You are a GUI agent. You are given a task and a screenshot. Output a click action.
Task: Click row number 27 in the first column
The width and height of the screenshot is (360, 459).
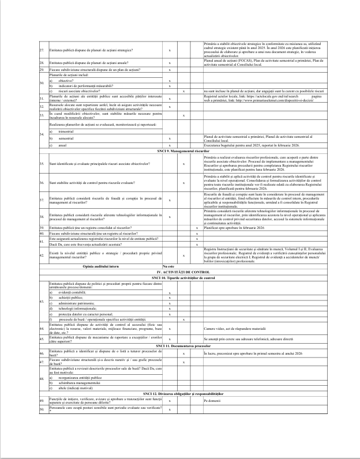[42, 50]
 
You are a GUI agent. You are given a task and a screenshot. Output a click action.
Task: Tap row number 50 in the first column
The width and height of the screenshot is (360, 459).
[42, 409]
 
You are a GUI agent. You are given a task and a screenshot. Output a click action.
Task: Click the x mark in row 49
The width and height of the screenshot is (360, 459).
[169, 400]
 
